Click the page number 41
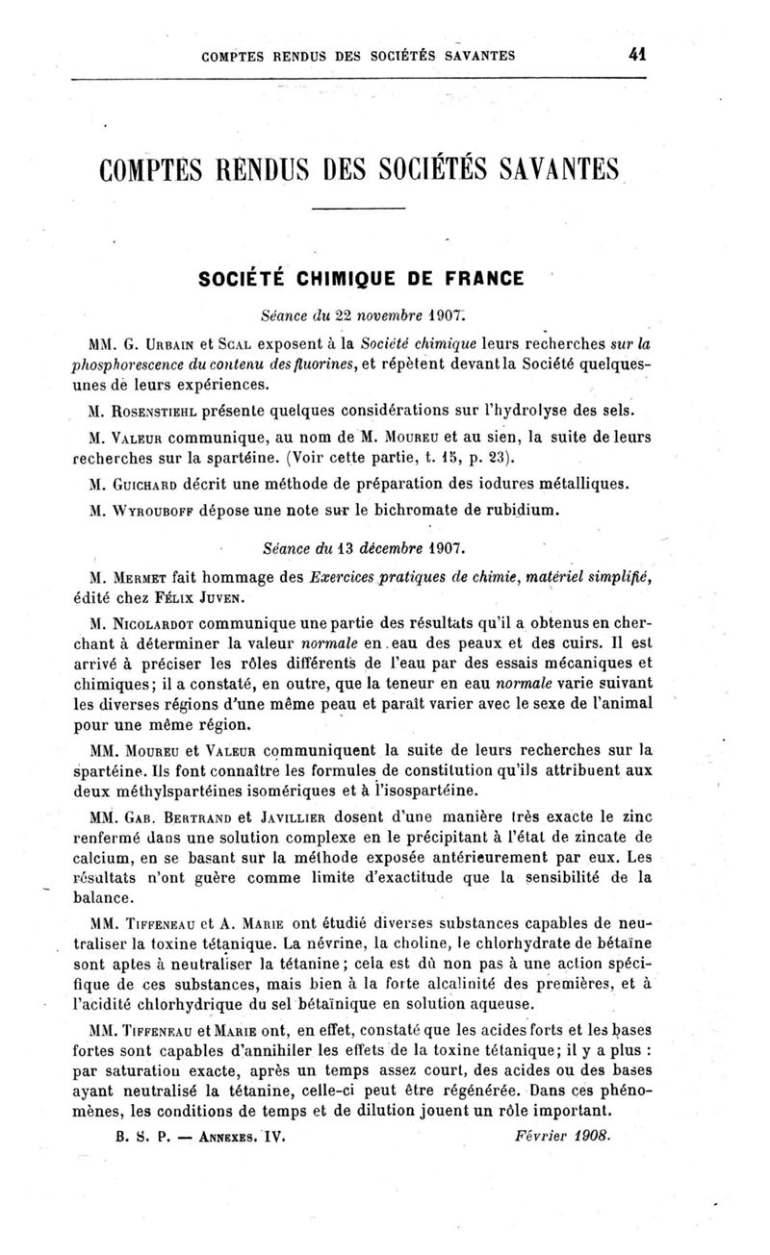[x=635, y=55]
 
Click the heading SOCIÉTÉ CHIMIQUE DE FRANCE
[x=361, y=280]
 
